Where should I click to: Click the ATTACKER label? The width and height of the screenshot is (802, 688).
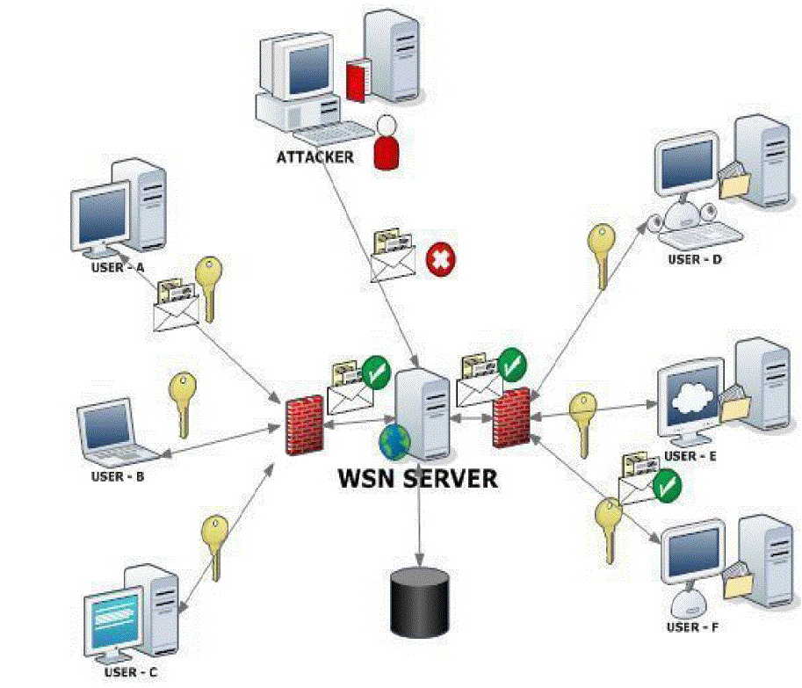pos(314,158)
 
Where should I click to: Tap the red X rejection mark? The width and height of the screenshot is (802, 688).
pos(438,259)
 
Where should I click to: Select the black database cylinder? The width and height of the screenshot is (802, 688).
pos(419,602)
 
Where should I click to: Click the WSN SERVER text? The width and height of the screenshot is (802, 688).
pos(418,479)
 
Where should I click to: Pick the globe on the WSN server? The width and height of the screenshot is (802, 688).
pos(394,441)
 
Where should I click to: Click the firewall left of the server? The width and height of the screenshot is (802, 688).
pos(305,425)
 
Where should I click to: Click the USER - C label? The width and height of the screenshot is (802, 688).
pos(132,672)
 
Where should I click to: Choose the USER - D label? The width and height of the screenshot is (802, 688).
pos(696,259)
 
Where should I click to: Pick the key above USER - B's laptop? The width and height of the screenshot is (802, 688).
pos(182,402)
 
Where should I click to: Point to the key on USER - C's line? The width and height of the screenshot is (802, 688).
pos(214,545)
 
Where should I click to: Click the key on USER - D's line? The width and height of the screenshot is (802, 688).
pos(602,255)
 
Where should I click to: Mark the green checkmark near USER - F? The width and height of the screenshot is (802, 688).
pos(667,484)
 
